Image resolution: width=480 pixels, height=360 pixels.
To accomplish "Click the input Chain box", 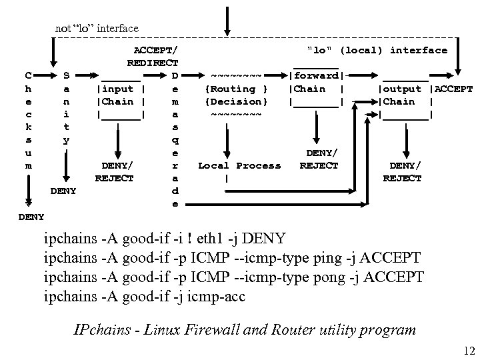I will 121,95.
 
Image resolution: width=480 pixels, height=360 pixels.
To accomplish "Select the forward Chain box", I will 316,89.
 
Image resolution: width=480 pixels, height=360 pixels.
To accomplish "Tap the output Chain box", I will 405,95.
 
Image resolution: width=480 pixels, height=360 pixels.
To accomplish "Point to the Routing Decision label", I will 237,95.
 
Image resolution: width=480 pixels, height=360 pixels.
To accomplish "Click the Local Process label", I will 241,165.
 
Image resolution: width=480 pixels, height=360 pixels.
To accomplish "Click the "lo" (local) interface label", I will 377,50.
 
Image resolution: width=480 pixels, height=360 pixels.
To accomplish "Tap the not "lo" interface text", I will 97,28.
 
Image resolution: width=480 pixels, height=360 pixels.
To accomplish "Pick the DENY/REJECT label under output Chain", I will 405,171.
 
